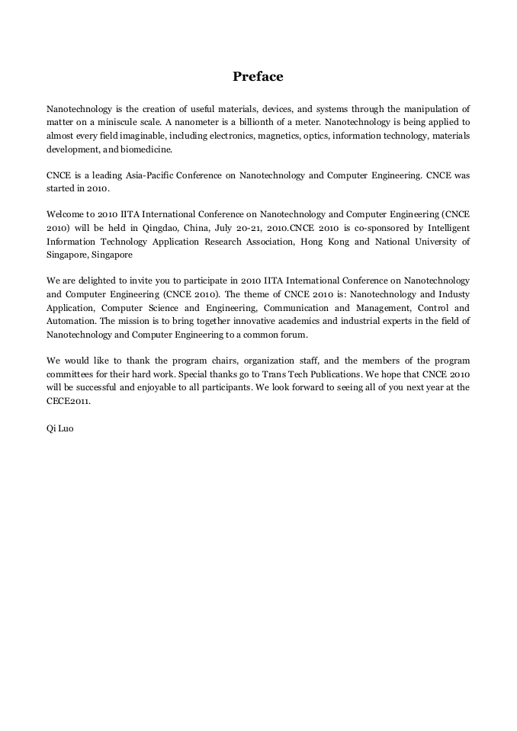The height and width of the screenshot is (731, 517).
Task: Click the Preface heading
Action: [x=258, y=76]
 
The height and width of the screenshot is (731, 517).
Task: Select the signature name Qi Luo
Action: [x=60, y=428]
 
